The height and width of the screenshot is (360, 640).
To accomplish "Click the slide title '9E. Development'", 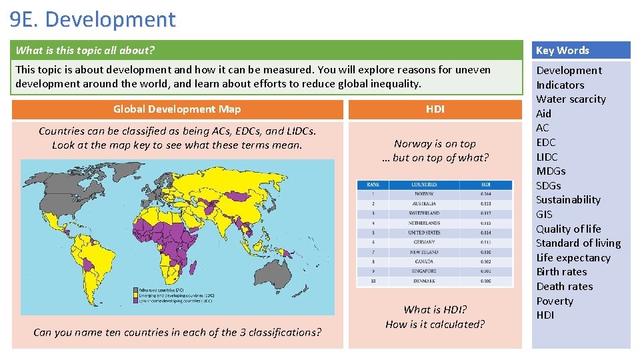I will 93,19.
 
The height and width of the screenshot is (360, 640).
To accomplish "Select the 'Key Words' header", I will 563,50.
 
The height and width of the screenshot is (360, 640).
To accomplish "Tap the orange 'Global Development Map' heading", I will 177,109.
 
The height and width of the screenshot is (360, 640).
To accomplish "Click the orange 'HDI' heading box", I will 435,109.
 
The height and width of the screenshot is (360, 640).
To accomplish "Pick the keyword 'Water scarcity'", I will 571,99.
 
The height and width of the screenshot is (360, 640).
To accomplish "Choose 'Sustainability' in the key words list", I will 568,200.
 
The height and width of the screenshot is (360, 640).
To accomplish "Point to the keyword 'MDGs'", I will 551,171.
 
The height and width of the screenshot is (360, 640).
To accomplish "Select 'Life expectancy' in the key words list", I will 573,257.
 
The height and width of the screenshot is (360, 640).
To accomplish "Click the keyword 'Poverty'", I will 555,301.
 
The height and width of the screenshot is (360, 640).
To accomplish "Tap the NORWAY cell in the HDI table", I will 424,194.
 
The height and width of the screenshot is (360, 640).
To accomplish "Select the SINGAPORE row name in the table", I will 424,271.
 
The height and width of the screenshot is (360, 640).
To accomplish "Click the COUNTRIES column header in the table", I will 424,184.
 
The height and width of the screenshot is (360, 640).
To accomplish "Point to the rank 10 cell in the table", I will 373,281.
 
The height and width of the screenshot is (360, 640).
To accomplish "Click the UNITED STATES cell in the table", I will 424,233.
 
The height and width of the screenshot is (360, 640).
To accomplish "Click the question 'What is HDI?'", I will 435,310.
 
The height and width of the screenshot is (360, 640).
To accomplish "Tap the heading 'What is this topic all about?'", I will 85,50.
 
